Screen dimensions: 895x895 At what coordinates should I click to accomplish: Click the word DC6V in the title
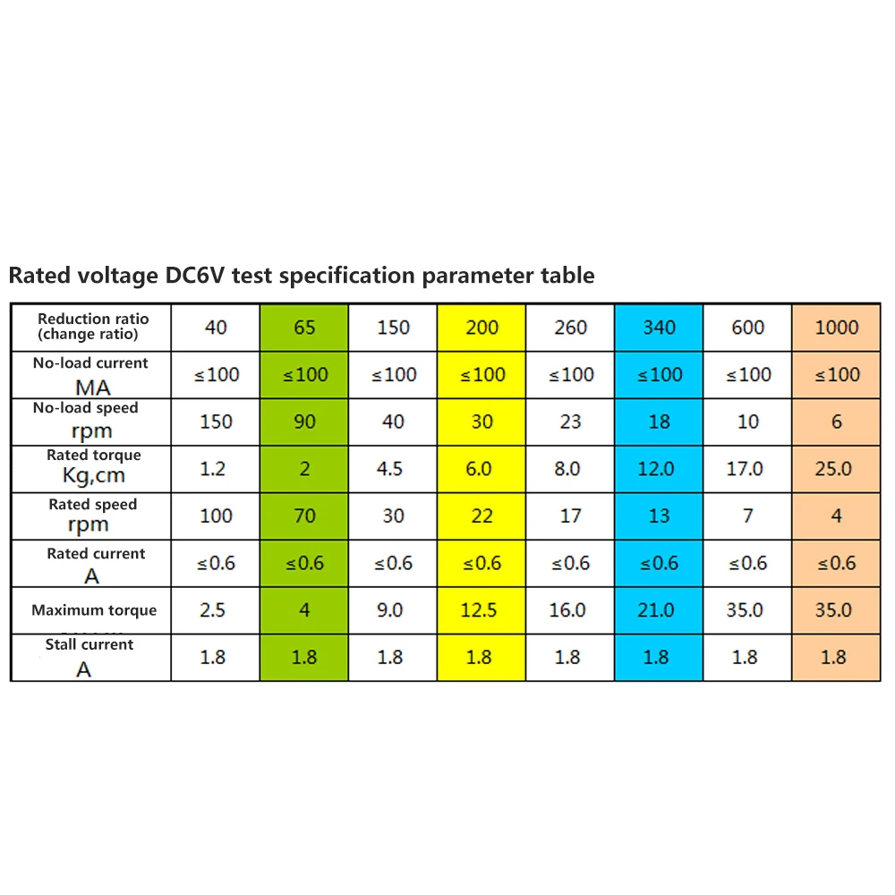click(194, 275)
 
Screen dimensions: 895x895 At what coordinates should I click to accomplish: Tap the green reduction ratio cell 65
click(304, 328)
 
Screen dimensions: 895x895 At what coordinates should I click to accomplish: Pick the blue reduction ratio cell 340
click(660, 328)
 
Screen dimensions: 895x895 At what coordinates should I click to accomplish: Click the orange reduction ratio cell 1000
click(837, 328)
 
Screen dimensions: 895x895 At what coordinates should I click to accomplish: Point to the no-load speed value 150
click(216, 422)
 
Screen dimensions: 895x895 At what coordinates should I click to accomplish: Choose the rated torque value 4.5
click(389, 469)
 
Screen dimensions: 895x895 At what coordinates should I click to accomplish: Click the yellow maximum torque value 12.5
click(478, 610)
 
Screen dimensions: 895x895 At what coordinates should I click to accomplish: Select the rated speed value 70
click(305, 516)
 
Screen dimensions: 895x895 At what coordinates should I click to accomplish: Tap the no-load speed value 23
click(570, 422)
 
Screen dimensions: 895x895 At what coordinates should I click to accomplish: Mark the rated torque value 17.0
click(745, 469)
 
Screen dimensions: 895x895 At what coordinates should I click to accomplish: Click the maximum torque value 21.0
click(656, 610)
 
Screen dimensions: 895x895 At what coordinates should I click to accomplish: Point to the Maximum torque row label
click(94, 610)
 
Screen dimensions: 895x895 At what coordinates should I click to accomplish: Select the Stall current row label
click(89, 644)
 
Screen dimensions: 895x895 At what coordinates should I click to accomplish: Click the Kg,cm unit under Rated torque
click(94, 475)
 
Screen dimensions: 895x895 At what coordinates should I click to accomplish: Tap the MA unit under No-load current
click(92, 388)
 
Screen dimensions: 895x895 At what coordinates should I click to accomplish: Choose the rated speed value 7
click(747, 516)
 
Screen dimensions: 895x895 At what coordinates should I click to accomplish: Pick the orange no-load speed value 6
click(837, 422)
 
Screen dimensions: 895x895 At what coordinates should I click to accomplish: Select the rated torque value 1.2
click(212, 469)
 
